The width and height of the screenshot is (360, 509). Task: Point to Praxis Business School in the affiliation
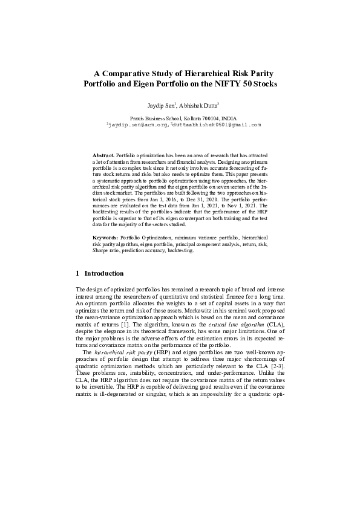[154, 118]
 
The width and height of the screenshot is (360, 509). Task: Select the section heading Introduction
[104, 273]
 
